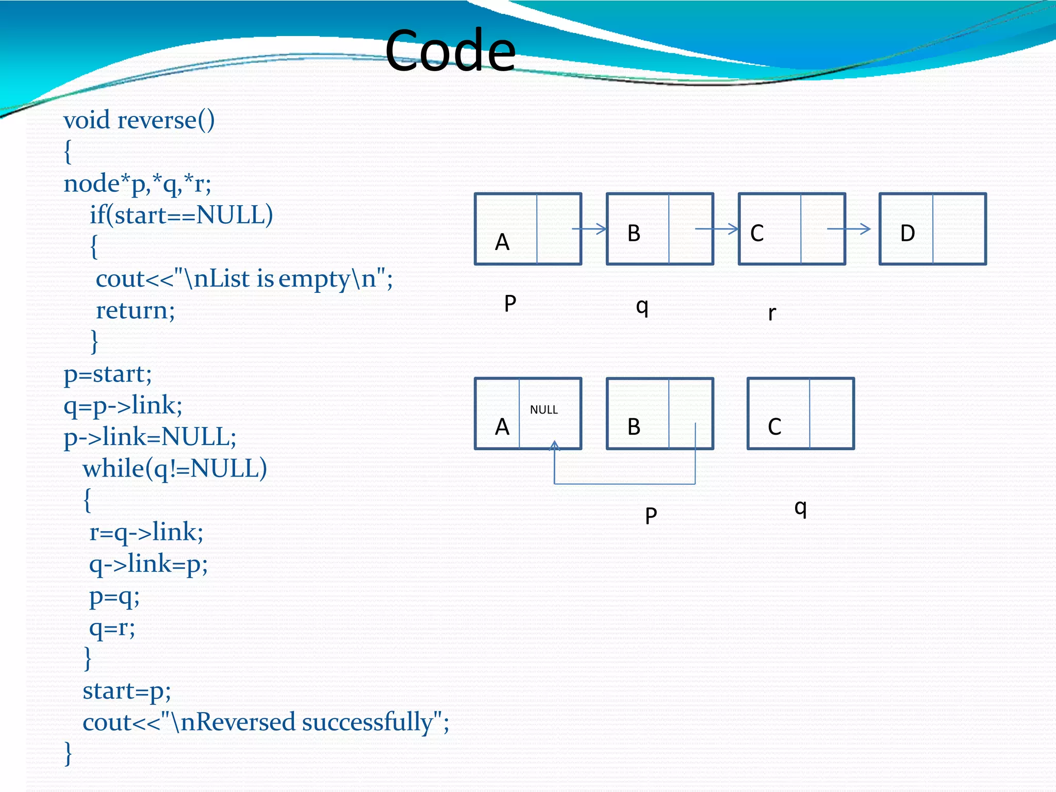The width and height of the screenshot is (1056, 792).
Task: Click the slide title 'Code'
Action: pyautogui.click(x=450, y=51)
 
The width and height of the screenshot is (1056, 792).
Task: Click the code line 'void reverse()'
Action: pyautogui.click(x=139, y=120)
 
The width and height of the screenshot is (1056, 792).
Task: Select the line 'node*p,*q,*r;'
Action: pyautogui.click(x=137, y=184)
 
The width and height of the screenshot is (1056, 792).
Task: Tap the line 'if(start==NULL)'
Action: pyautogui.click(x=181, y=215)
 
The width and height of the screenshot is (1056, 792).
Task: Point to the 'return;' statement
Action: pyautogui.click(x=135, y=310)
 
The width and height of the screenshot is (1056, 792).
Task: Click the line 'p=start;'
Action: pyautogui.click(x=107, y=374)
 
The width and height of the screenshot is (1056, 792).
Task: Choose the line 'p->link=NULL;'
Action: pyautogui.click(x=150, y=437)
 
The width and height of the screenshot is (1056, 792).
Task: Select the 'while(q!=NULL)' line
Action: pyautogui.click(x=175, y=469)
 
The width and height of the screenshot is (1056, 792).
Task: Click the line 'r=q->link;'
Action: pyautogui.click(x=146, y=532)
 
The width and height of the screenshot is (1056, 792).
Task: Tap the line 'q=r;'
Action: pyautogui.click(x=112, y=628)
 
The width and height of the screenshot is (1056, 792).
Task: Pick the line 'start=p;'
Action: pyautogui.click(x=126, y=691)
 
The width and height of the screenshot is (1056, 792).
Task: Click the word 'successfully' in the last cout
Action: pyautogui.click(x=367, y=722)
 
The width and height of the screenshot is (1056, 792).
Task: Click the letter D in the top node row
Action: pyautogui.click(x=907, y=234)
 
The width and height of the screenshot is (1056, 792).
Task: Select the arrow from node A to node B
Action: pyautogui.click(x=589, y=229)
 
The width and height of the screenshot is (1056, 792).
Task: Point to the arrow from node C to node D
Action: pyautogui.click(x=849, y=229)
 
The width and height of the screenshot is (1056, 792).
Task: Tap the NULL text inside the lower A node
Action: pyautogui.click(x=543, y=410)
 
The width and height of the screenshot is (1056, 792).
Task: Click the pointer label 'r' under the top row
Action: pyautogui.click(x=771, y=313)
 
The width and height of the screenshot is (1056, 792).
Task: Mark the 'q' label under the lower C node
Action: pyautogui.click(x=800, y=508)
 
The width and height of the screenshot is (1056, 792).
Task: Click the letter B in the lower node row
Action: pyautogui.click(x=634, y=427)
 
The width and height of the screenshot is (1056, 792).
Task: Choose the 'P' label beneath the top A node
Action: pyautogui.click(x=510, y=303)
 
